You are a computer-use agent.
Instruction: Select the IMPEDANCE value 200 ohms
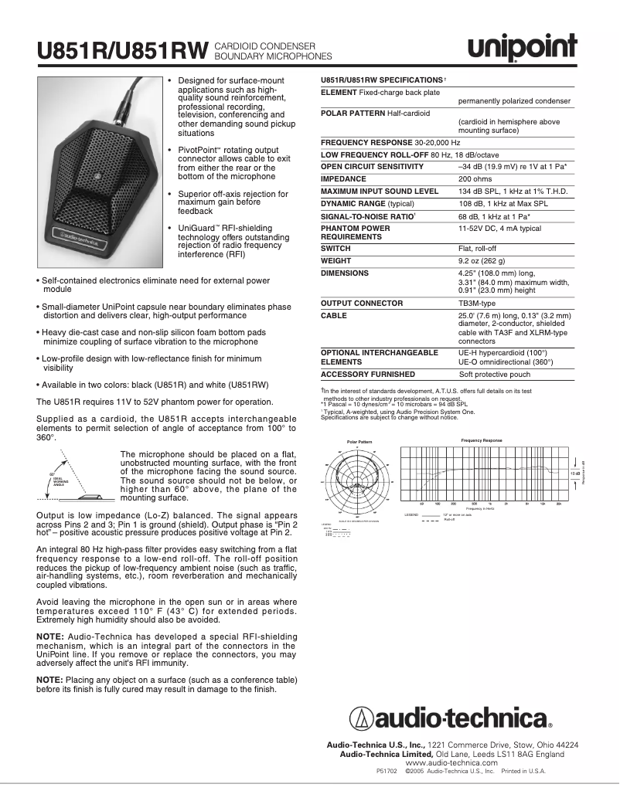point(475,178)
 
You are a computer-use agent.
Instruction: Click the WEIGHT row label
point(336,261)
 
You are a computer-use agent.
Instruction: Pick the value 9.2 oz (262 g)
point(484,261)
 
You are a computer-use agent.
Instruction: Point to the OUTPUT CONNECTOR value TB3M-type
point(479,304)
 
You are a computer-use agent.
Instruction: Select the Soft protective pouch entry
point(495,374)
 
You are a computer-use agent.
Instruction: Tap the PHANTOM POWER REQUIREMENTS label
point(356,232)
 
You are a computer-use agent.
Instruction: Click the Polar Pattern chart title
point(359,441)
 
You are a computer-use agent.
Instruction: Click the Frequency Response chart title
point(481,440)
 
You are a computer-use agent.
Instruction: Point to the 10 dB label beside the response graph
point(574,473)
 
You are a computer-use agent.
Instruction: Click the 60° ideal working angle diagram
point(77,487)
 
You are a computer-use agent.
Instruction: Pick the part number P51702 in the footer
point(387,771)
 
